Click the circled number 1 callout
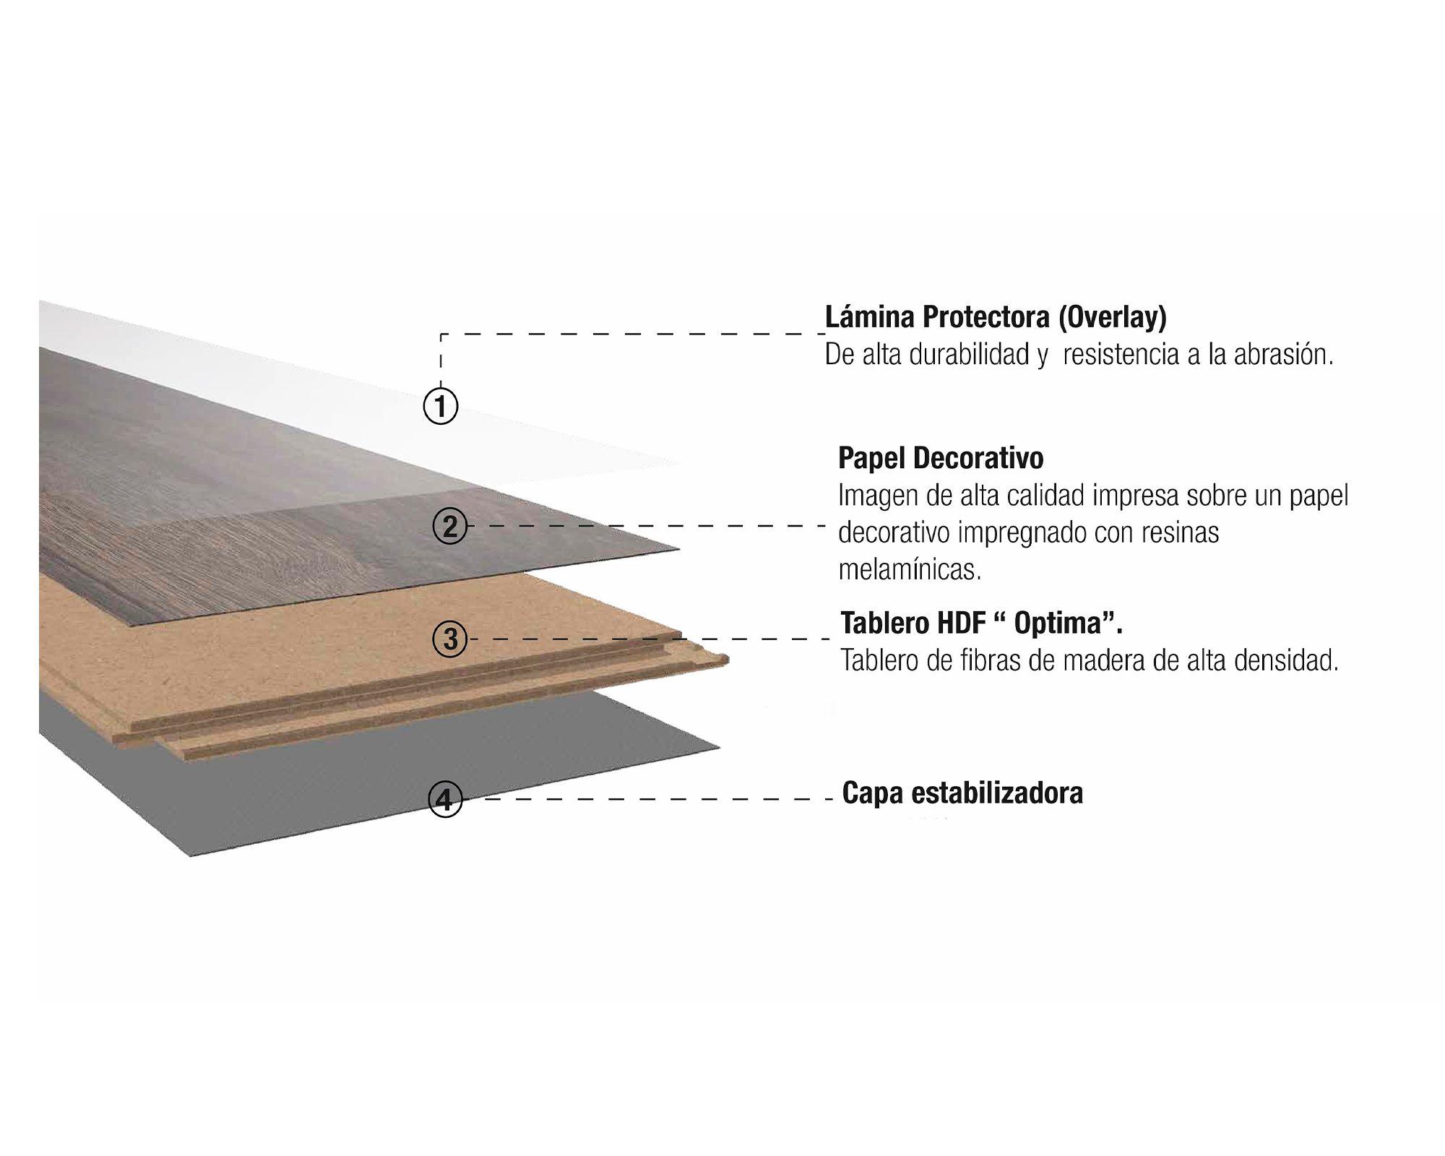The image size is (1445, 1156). pyautogui.click(x=440, y=405)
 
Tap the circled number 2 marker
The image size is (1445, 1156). pyautogui.click(x=450, y=526)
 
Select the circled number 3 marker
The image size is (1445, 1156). pyautogui.click(x=450, y=639)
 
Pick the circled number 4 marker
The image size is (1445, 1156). pyautogui.click(x=445, y=799)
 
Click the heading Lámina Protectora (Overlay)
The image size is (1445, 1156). pyautogui.click(x=996, y=317)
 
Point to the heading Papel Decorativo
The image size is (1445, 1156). pyautogui.click(x=941, y=458)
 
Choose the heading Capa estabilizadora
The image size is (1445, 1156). pyautogui.click(x=962, y=793)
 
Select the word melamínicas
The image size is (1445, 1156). pyautogui.click(x=910, y=570)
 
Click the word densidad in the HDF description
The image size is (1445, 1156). pyautogui.click(x=1286, y=660)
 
